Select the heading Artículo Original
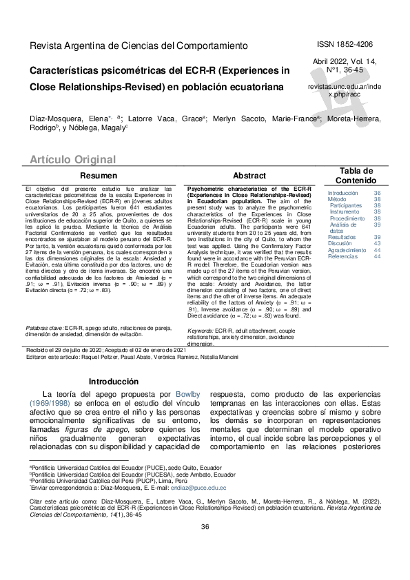coord(72,160)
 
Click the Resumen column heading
coord(99,176)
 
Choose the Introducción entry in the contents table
coord(342,194)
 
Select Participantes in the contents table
coord(345,205)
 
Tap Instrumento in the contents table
coord(345,211)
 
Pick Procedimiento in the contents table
coord(347,218)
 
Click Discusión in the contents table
coord(340,243)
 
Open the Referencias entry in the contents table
coord(342,256)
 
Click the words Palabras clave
coord(44,329)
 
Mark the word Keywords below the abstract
coord(200,331)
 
